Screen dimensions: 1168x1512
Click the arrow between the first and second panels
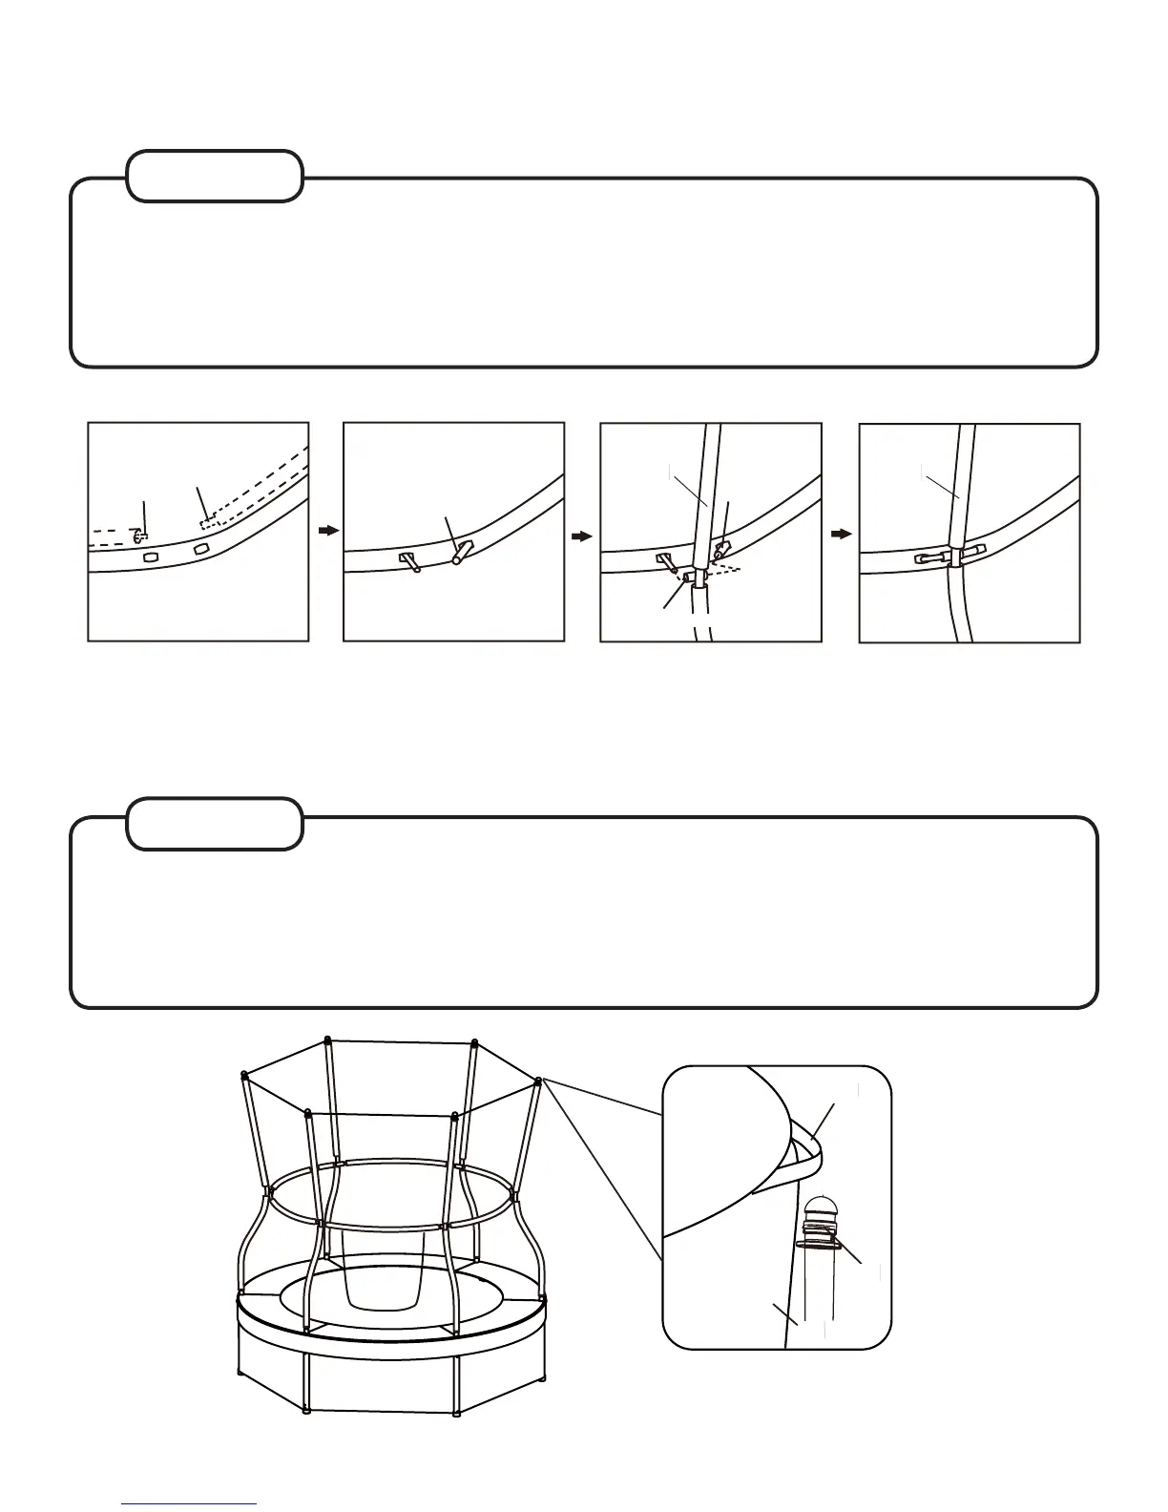[328, 531]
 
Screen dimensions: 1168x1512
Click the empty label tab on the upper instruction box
[215, 176]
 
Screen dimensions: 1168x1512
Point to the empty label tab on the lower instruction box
[215, 824]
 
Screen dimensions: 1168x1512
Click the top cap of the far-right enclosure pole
[539, 1081]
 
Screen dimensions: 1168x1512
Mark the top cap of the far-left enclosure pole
[245, 1075]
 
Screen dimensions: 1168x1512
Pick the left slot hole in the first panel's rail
[150, 556]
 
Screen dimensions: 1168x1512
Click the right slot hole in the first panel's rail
[201, 549]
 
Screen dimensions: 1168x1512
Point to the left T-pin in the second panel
[408, 560]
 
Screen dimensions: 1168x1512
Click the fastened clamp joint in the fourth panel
[949, 556]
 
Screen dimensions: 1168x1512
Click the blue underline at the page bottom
[190, 1503]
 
